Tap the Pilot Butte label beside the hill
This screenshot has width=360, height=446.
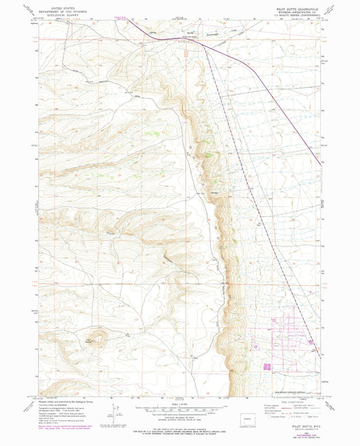91,339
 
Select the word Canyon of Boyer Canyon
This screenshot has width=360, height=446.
168,259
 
